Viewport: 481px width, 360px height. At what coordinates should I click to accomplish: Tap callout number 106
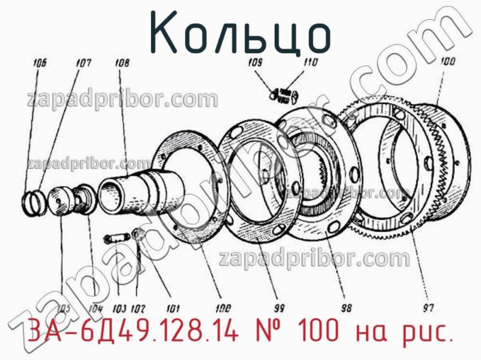click(x=41, y=61)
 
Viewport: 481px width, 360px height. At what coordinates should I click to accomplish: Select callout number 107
click(x=84, y=61)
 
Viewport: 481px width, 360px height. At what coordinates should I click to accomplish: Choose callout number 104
click(x=95, y=309)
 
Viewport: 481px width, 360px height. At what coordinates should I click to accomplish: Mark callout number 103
click(x=118, y=309)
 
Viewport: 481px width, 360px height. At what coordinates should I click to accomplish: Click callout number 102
click(x=138, y=309)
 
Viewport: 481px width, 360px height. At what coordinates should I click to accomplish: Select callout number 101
click(x=173, y=309)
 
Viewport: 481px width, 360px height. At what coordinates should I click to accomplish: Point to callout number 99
click(x=278, y=309)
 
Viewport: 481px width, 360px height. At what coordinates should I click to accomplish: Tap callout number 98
click(x=346, y=309)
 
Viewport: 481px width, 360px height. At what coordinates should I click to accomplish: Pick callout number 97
click(x=428, y=309)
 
